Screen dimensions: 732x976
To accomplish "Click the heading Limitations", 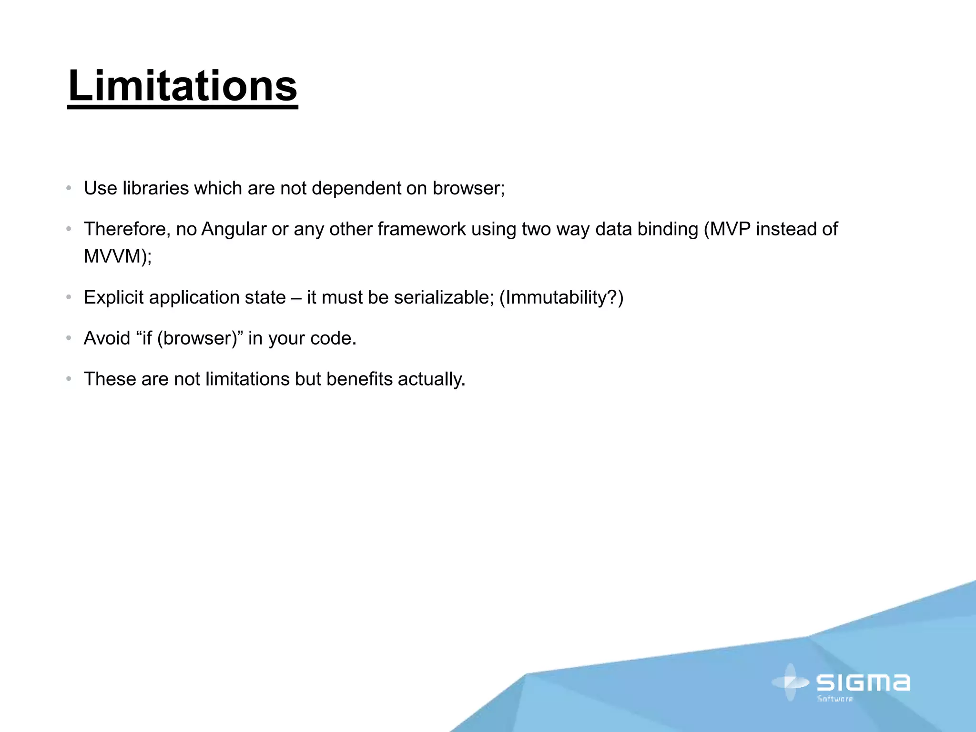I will pyautogui.click(x=183, y=86).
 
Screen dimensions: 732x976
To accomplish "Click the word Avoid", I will pyautogui.click(x=107, y=338).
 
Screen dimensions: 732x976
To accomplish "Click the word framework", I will pyautogui.click(x=421, y=229).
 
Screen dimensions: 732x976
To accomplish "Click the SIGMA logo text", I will pyautogui.click(x=863, y=683).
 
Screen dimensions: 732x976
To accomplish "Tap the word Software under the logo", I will pyautogui.click(x=835, y=699).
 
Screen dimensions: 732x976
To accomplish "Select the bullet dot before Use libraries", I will pyautogui.click(x=69, y=188).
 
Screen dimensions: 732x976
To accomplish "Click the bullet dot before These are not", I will pyautogui.click(x=69, y=379).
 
